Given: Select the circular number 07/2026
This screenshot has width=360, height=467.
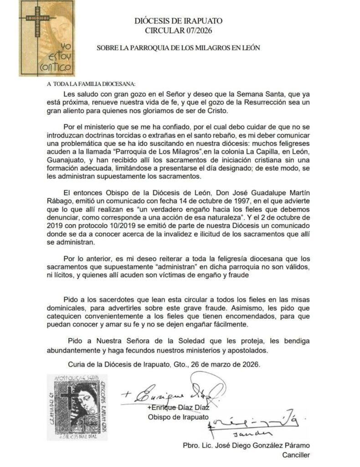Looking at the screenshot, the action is click(x=192, y=31).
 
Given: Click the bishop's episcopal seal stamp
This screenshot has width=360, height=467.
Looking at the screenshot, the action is click(x=77, y=407).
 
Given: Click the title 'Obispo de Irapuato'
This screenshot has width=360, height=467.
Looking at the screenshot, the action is click(x=178, y=417).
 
